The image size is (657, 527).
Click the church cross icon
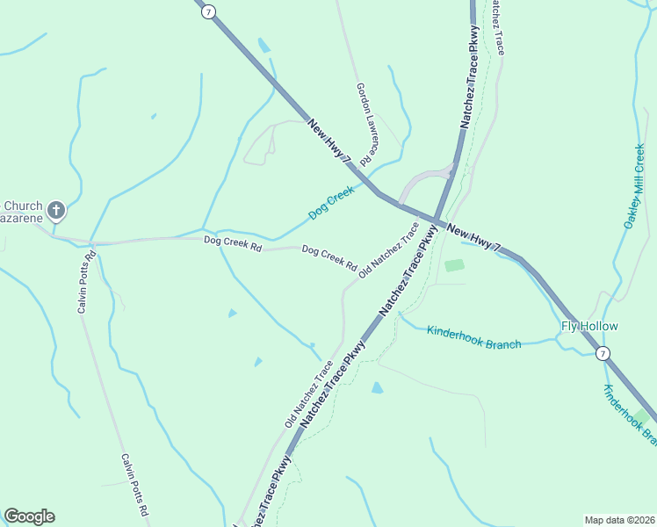tap(56, 210)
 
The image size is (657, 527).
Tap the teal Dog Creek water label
tap(331, 203)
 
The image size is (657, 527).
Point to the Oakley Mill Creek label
tap(635, 186)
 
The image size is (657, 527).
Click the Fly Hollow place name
tap(589, 327)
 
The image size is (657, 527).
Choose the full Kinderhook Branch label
tap(473, 337)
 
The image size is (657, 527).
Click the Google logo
tap(29, 516)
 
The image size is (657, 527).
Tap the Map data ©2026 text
tap(618, 519)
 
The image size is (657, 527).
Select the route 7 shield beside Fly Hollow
tap(602, 353)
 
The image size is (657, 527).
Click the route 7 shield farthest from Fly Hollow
tap(207, 12)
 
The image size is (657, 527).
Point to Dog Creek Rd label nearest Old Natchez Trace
tap(328, 258)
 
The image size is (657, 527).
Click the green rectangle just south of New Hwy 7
tap(454, 265)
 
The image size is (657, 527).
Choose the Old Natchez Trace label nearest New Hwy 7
tap(388, 251)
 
